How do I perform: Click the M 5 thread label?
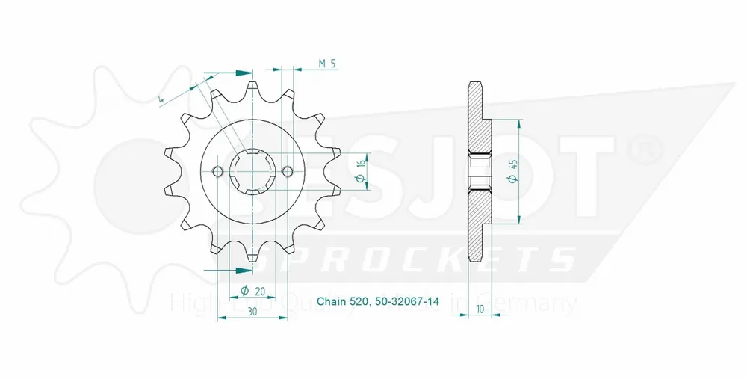click(x=326, y=64)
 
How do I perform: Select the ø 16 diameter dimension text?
click(x=360, y=171)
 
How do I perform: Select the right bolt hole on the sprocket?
click(x=288, y=172)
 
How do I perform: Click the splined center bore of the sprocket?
click(x=252, y=172)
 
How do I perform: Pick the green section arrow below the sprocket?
click(x=241, y=270)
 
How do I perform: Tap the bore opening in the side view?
click(x=478, y=171)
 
